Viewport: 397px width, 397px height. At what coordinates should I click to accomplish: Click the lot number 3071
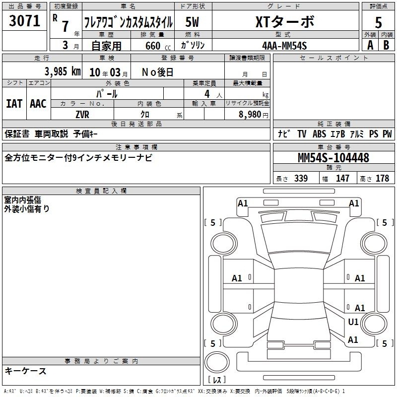[x=24, y=21]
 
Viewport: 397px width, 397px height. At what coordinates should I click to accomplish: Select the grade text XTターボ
[x=285, y=21]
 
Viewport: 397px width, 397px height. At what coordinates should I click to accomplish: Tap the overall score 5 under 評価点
[x=378, y=23]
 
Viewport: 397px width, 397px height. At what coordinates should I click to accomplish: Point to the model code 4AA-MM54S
[x=284, y=46]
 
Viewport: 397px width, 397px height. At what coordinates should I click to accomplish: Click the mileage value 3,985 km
[x=63, y=71]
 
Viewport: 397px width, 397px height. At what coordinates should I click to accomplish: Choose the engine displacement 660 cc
[x=158, y=46]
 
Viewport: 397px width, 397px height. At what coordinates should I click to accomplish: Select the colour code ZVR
[x=82, y=115]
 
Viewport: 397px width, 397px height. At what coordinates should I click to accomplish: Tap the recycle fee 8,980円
[x=254, y=115]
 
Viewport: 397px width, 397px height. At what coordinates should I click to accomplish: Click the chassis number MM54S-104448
[x=333, y=158]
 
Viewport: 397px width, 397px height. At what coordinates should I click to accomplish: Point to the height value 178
[x=382, y=178]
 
